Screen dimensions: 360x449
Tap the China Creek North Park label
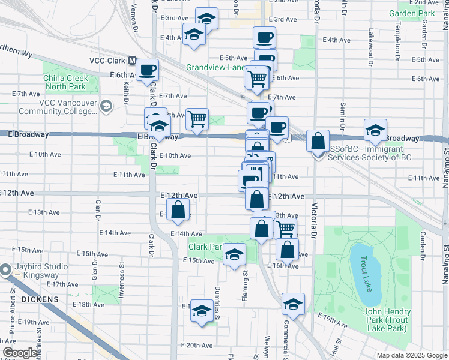pyautogui.click(x=65, y=82)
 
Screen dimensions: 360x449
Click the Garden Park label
pyautogui.click(x=411, y=13)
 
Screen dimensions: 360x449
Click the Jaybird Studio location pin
pyautogui.click(x=7, y=270)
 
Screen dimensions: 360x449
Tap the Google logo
pyautogui.click(x=20, y=353)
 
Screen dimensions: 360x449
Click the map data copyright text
pyautogui.click(x=411, y=355)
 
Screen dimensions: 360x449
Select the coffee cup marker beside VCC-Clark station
pyautogui.click(x=147, y=70)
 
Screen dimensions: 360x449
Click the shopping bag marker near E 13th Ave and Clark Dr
pyautogui.click(x=178, y=210)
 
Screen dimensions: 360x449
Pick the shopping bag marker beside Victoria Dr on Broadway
pyautogui.click(x=318, y=141)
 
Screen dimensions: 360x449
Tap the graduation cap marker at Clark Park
pyautogui.click(x=235, y=256)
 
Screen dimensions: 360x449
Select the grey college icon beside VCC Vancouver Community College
pyautogui.click(x=106, y=106)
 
